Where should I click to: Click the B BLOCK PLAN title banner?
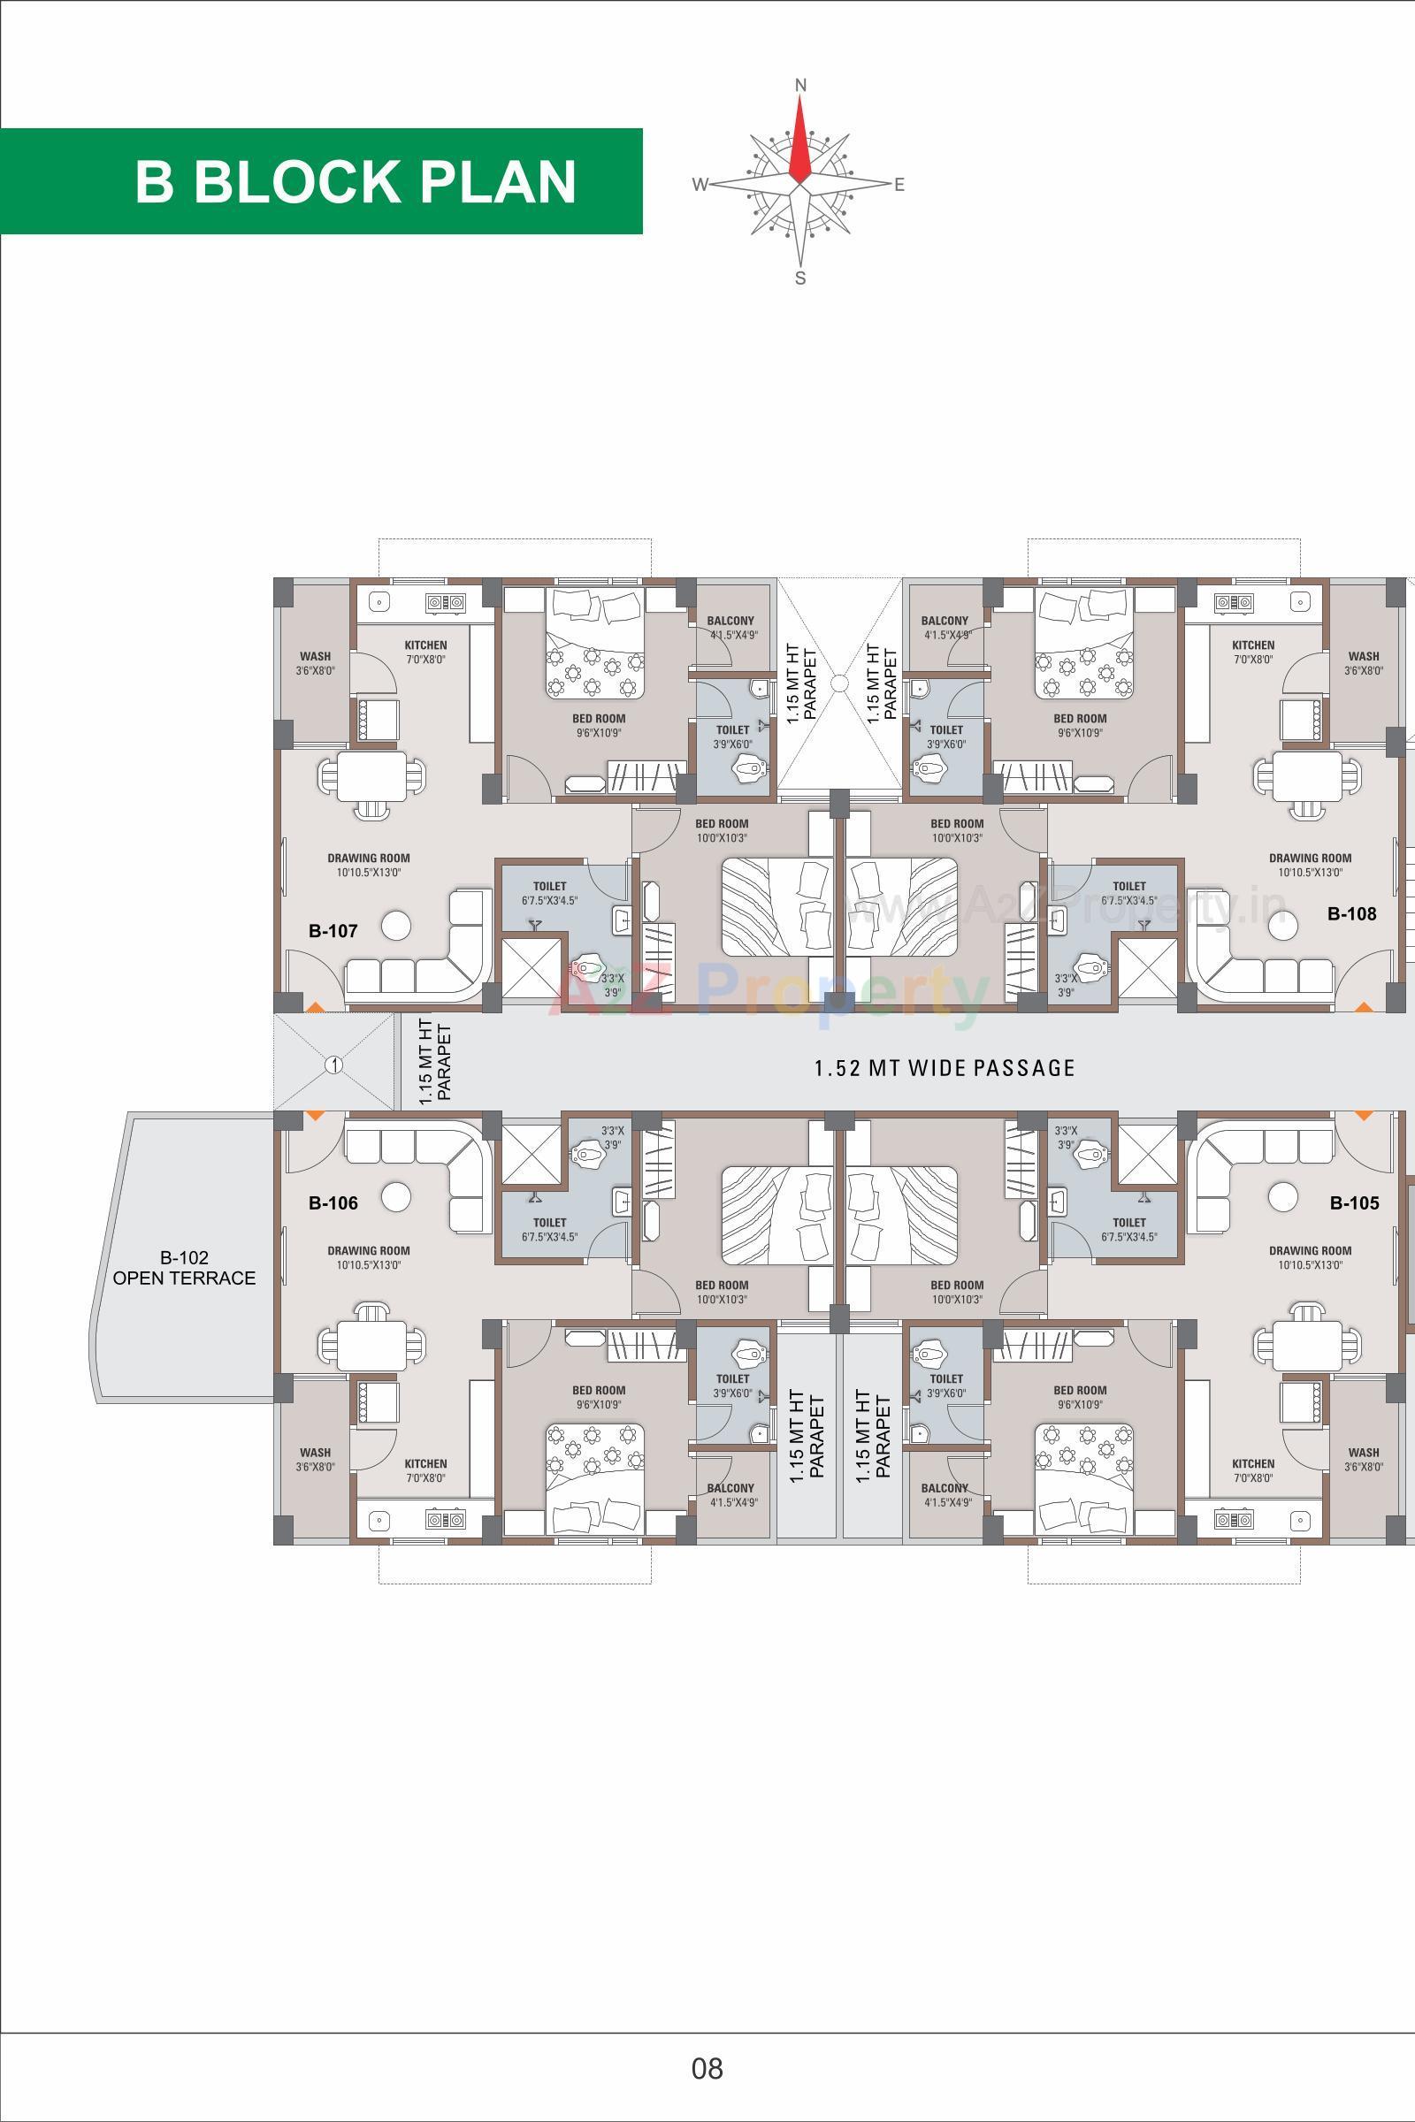click(356, 181)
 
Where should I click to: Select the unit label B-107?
click(333, 931)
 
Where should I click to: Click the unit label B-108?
click(1352, 913)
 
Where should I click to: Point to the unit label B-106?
click(333, 1202)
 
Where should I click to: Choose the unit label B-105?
click(1355, 1202)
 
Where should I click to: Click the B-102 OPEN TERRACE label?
click(184, 1268)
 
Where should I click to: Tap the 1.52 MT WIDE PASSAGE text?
click(944, 1068)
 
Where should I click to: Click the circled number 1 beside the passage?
click(334, 1065)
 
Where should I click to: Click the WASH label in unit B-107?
click(315, 656)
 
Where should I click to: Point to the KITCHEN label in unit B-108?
click(1252, 645)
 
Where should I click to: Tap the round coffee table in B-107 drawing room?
click(396, 926)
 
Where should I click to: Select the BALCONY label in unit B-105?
click(944, 1488)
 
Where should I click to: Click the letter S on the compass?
click(799, 279)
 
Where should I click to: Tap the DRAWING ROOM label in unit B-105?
click(1310, 1250)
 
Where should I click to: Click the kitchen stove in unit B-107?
click(446, 601)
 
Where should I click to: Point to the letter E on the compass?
click(899, 185)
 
